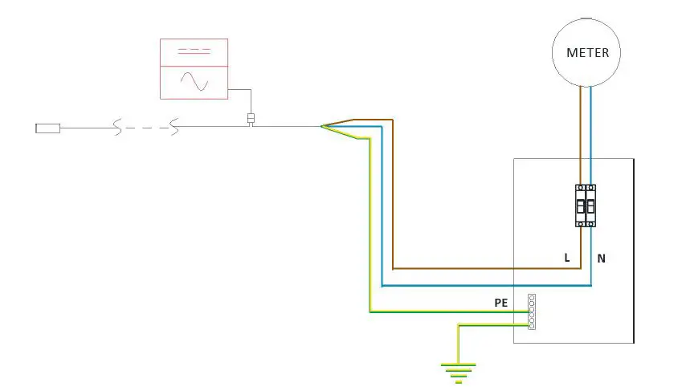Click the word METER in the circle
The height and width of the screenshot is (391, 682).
point(587,53)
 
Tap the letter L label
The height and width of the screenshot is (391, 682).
point(567,259)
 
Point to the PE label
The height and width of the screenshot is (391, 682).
point(501,303)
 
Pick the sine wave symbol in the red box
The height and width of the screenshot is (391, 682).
point(194,81)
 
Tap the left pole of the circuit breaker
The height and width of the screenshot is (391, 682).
point(581,206)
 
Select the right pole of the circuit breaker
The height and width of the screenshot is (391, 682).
point(591,206)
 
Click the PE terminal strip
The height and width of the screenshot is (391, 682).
point(531,312)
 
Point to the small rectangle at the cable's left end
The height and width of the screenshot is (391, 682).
point(48,127)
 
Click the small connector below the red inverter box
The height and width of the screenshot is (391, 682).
point(251,120)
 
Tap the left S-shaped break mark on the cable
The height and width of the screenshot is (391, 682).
point(118,127)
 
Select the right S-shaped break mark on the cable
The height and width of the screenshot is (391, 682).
point(173,127)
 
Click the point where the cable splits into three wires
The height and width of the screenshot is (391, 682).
point(322,126)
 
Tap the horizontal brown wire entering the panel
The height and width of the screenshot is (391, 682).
point(482,268)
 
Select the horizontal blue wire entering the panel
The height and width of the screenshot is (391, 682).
point(482,286)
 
